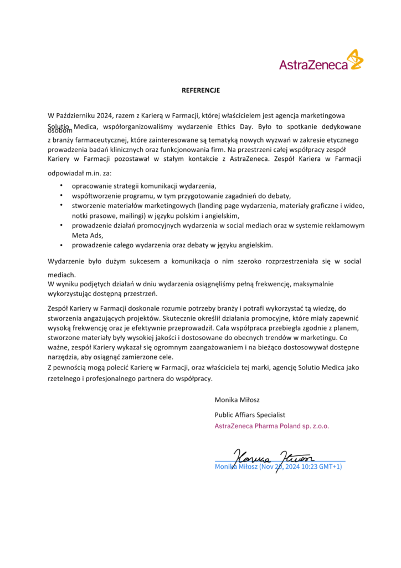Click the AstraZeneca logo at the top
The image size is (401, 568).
(x=321, y=60)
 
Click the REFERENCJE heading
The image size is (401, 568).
(x=200, y=90)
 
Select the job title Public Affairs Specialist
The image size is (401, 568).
(x=250, y=414)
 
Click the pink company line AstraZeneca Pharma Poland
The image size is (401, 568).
(x=271, y=427)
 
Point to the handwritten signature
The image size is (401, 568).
(x=274, y=457)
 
